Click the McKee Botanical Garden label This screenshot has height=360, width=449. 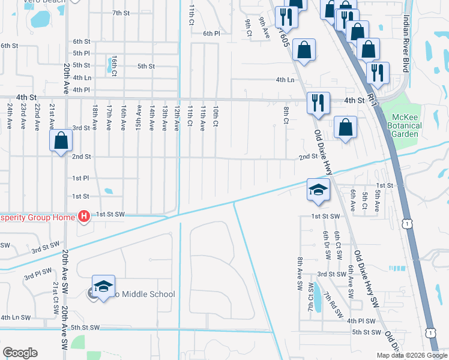pos(406,125)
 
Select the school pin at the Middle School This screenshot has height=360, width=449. pos(103,287)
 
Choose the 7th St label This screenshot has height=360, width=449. pos(121,13)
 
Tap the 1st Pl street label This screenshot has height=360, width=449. pos(80,178)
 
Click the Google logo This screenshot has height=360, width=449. pos(20,353)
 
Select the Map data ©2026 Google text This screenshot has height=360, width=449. pos(412,355)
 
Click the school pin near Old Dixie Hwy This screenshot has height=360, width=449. pos(318,190)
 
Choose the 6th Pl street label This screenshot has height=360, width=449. pos(211,34)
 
